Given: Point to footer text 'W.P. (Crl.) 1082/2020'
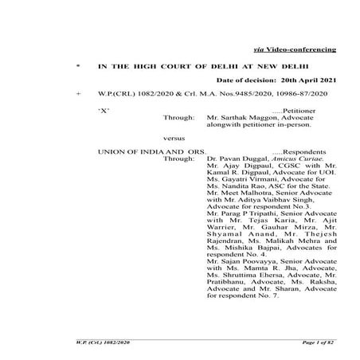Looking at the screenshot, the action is pyautogui.click(x=95, y=340).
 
